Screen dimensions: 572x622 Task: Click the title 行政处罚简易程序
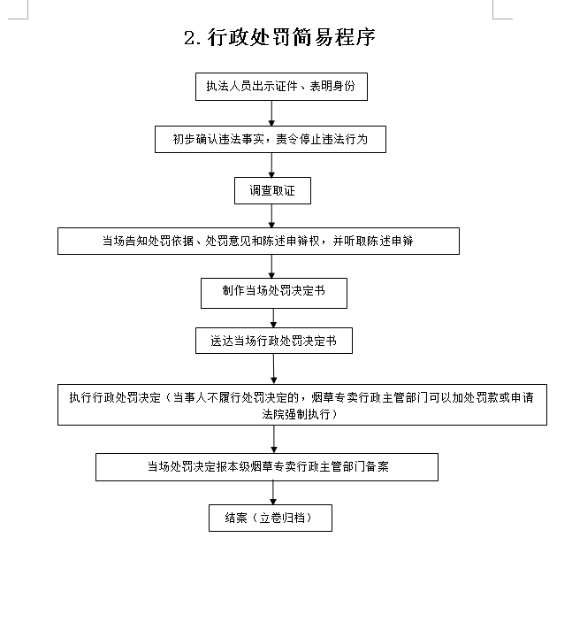click(292, 38)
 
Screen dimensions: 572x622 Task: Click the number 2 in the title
click(190, 38)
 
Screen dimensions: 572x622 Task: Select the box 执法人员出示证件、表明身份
click(281, 87)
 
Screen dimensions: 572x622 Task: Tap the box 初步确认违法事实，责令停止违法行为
click(271, 139)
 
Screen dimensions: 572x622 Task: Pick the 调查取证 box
click(272, 191)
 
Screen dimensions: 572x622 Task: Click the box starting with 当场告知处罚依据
click(258, 242)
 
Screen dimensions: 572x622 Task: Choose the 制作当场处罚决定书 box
click(274, 293)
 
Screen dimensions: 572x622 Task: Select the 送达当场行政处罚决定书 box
click(274, 341)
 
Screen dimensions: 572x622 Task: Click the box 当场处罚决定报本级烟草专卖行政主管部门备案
click(267, 467)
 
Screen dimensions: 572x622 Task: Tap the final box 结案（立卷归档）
click(271, 518)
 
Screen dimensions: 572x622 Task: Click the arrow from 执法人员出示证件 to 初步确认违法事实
click(271, 113)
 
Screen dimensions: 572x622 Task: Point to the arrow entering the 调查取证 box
click(271, 165)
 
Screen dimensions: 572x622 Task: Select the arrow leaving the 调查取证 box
click(271, 216)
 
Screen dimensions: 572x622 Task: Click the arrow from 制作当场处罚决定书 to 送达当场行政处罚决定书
click(273, 319)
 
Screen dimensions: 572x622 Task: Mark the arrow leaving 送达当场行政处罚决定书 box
click(273, 369)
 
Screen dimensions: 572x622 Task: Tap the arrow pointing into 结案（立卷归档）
click(272, 493)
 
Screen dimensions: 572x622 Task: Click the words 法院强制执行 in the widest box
click(296, 415)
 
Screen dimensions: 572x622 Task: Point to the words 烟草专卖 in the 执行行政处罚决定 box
click(334, 397)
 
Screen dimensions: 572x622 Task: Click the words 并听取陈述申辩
click(373, 242)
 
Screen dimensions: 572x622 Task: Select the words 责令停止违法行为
click(322, 139)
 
